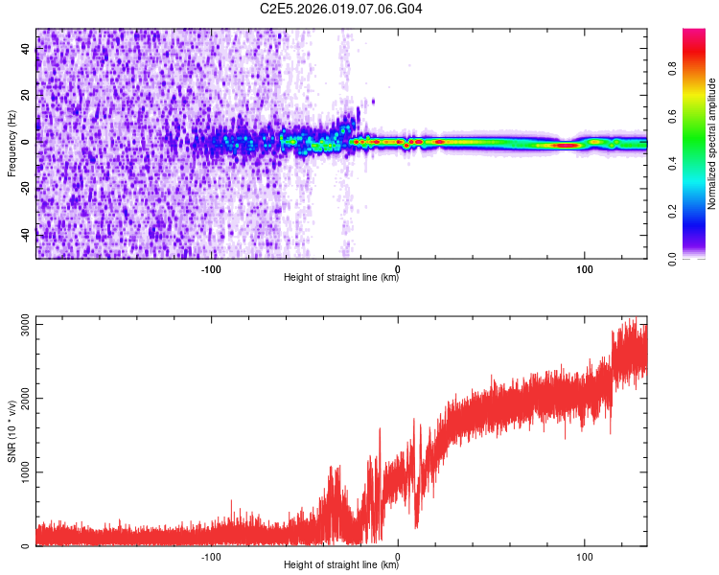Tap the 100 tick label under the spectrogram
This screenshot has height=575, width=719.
(x=584, y=268)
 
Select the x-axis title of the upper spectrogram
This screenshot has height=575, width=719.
(x=342, y=278)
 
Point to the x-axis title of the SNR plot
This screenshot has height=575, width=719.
(x=342, y=565)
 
